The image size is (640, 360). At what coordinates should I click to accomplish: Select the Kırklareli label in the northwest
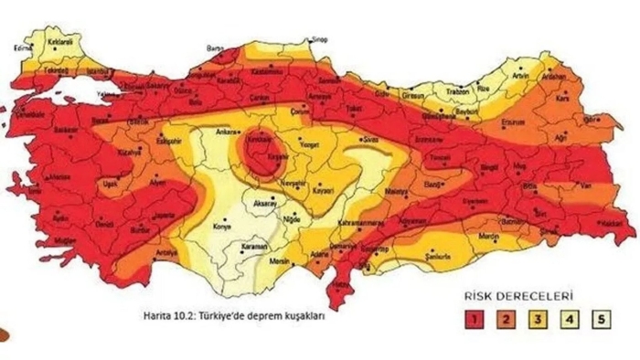(x=59, y=42)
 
